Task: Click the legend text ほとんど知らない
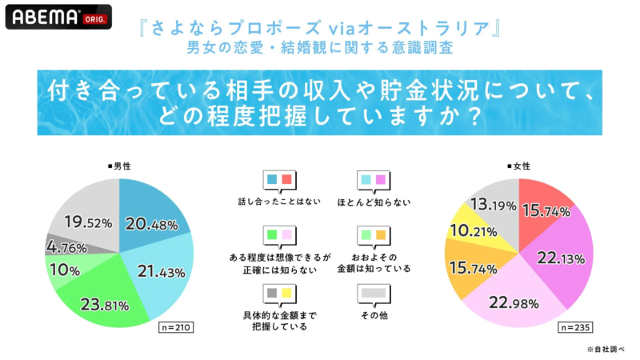coord(376,202)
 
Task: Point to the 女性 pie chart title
coord(518,166)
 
